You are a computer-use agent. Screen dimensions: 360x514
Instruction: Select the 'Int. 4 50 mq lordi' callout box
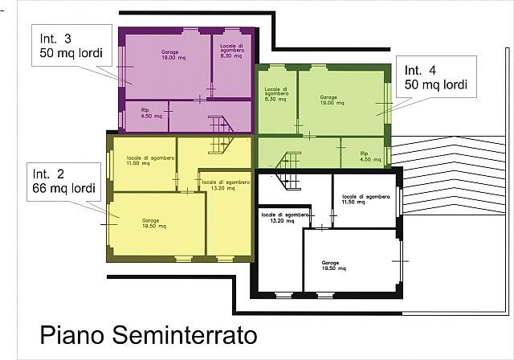click(x=436, y=76)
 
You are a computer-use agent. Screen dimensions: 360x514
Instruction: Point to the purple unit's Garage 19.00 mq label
click(x=169, y=55)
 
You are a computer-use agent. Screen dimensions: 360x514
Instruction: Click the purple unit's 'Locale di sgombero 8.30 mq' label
click(x=232, y=52)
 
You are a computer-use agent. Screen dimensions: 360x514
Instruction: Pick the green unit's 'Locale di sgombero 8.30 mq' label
click(x=275, y=96)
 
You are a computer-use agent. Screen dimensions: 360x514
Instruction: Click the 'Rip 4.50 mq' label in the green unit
click(x=364, y=156)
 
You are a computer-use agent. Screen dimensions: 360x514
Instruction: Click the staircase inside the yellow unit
click(x=220, y=145)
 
